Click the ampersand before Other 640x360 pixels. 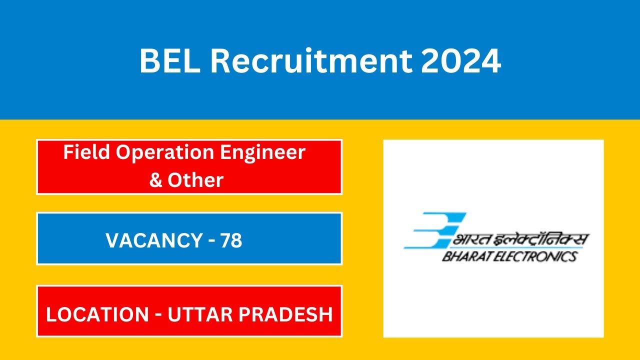point(155,180)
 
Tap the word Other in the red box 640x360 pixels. point(195,180)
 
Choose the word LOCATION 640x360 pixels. point(97,314)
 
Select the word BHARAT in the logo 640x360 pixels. point(465,256)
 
